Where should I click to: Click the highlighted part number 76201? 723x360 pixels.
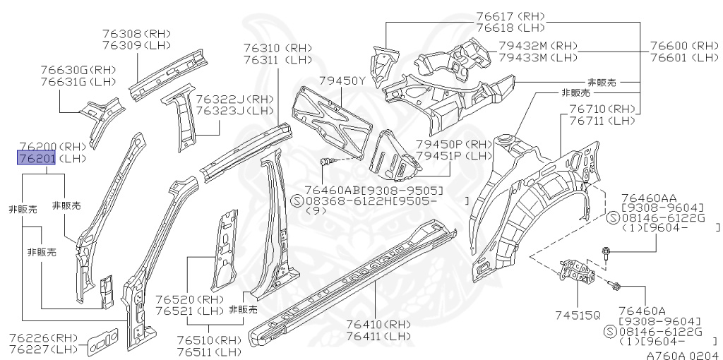(x=36, y=158)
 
